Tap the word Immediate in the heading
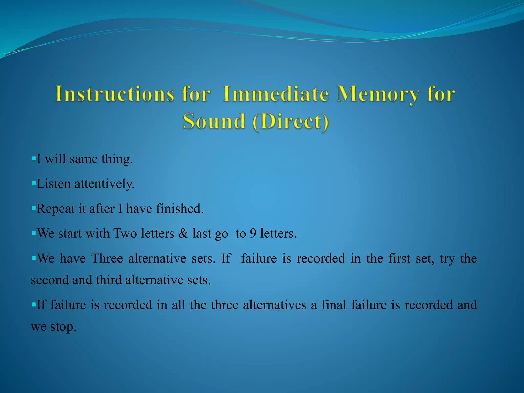pyautogui.click(x=276, y=94)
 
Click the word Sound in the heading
pyautogui.click(x=214, y=122)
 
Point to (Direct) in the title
pyautogui.click(x=290, y=122)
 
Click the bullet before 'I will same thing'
pyautogui.click(x=33, y=159)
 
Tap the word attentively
pyautogui.click(x=104, y=184)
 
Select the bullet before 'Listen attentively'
pyautogui.click(x=33, y=183)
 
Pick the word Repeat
pyautogui.click(x=56, y=209)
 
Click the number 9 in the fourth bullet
pyautogui.click(x=253, y=233)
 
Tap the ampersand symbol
pyautogui.click(x=183, y=233)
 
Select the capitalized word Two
pyautogui.click(x=125, y=233)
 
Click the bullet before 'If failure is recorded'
pyautogui.click(x=33, y=304)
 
